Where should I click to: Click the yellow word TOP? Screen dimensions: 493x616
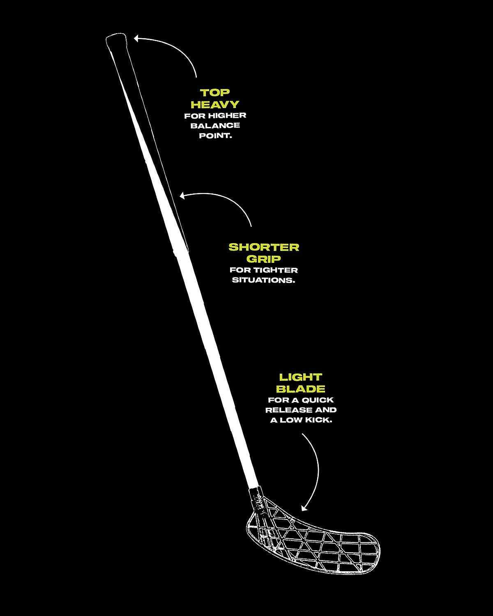215,93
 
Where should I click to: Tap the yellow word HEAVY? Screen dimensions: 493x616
215,104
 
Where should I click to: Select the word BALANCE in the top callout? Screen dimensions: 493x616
215,125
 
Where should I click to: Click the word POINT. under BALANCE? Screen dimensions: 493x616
215,136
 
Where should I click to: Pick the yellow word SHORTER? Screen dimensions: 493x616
264,247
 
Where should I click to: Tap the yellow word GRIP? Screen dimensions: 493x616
263,259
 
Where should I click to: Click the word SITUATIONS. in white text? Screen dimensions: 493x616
263,280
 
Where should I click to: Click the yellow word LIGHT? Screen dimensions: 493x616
301,377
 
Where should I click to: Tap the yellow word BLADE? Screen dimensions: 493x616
301,389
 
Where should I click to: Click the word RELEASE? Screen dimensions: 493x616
288,410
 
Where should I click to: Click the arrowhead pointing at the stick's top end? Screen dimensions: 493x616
136,38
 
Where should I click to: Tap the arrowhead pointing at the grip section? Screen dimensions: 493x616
182,196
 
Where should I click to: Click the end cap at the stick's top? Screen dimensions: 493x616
116,40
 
